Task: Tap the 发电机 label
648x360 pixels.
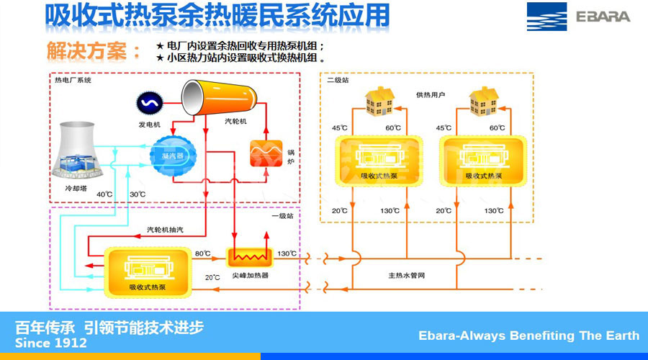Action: tap(150, 125)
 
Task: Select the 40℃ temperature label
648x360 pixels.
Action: tap(104, 194)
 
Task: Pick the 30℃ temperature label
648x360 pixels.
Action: tap(138, 194)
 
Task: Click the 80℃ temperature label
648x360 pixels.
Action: tap(202, 253)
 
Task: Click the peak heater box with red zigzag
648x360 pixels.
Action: tap(249, 256)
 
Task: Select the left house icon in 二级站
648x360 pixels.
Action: tap(379, 101)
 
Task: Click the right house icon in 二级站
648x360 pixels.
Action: tap(484, 101)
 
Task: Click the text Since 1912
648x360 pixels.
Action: tap(50, 343)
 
